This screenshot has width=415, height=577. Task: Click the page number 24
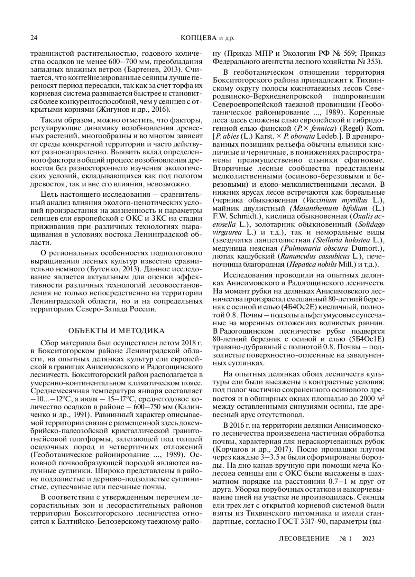pos(34,38)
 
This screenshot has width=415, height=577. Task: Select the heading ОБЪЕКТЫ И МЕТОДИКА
pos(116,331)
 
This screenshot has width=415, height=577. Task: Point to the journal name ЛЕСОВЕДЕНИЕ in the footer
pos(303,538)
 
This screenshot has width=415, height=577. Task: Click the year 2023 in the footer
pos(368,538)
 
